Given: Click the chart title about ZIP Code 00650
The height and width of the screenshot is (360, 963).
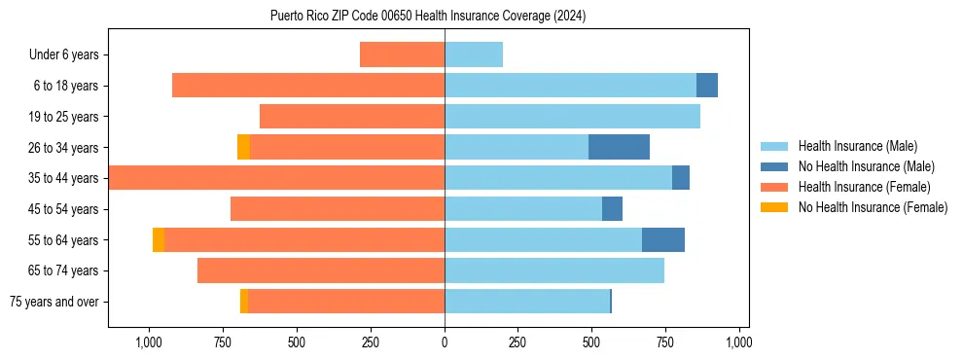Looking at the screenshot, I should (x=428, y=16).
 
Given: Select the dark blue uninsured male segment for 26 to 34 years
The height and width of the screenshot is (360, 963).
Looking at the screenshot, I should (x=619, y=147).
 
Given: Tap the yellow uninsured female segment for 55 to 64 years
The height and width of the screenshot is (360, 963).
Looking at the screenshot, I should (x=159, y=239).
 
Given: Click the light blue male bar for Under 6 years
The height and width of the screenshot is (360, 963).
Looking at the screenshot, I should (x=474, y=54).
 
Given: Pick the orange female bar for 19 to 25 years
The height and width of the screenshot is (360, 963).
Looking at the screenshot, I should (x=352, y=116).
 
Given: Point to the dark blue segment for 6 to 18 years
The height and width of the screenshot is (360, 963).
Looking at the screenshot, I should (x=707, y=86).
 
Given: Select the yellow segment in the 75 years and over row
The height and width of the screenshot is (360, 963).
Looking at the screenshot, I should (x=244, y=302).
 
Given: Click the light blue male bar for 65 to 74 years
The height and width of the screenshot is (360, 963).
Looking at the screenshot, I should (x=554, y=270).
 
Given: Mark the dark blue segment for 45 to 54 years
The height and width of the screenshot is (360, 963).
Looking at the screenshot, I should (x=612, y=208).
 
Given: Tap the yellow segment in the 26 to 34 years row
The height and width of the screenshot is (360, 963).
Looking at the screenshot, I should (x=243, y=147).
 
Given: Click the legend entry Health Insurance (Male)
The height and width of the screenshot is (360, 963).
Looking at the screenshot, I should (x=857, y=146).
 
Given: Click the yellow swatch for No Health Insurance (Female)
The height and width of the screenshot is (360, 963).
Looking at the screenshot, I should (x=775, y=207).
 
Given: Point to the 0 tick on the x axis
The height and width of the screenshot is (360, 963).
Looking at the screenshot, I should (x=445, y=342).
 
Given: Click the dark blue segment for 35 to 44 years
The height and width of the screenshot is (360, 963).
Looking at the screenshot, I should (x=681, y=178).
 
